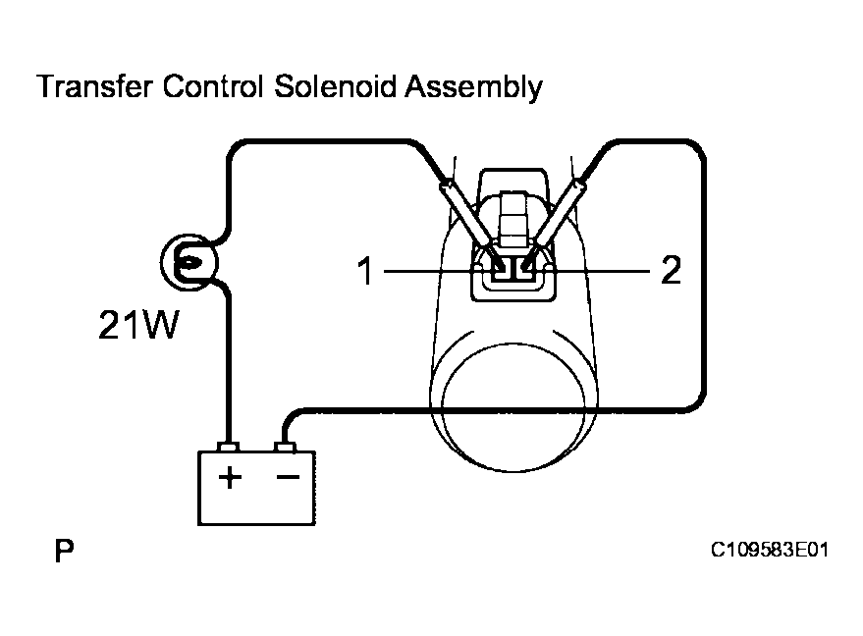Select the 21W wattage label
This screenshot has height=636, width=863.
(137, 325)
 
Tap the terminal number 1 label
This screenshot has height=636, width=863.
(364, 271)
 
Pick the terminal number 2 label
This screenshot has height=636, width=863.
(671, 270)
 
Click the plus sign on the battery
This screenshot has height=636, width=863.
(229, 478)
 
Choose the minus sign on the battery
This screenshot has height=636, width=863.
(288, 478)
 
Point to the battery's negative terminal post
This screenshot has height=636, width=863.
(287, 447)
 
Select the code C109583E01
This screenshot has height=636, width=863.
(771, 550)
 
